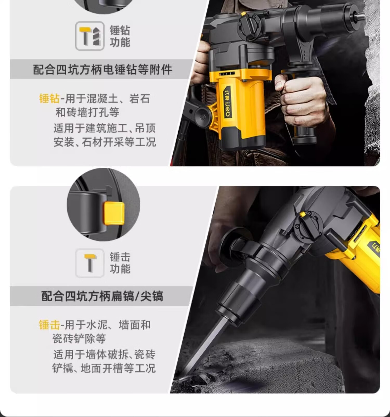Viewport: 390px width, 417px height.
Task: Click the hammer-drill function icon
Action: pos(90,36)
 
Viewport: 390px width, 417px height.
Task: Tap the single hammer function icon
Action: pos(90,263)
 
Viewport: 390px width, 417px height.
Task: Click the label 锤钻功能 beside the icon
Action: pos(120,36)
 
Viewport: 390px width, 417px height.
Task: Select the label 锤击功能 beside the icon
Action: pos(120,263)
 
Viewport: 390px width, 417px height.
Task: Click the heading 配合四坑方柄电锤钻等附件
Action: pos(102,70)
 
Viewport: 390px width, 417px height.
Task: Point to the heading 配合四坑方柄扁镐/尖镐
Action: pos(102,296)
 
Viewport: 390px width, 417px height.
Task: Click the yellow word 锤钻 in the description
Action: pos(49,99)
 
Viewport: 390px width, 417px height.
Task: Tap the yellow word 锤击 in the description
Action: pos(49,325)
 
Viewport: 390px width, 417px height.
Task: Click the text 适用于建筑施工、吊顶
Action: pos(105,128)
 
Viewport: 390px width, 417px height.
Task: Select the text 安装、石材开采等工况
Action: pos(105,142)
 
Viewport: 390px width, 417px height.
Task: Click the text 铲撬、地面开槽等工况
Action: pos(104,368)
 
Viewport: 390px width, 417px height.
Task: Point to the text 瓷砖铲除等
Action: pos(79,339)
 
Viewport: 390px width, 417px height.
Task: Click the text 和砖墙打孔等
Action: pos(87,113)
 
